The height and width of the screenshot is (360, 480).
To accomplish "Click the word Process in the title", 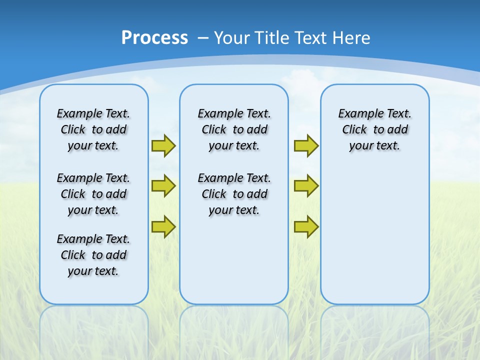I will point(154,37).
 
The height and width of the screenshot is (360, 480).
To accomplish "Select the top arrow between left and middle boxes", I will point(163,145).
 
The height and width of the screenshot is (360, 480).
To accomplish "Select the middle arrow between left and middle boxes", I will point(163,186).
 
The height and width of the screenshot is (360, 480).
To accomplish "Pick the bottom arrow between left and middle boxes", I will point(163,226).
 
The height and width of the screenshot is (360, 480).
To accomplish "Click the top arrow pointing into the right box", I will point(306,145).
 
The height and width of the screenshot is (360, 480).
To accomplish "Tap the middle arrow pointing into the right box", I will point(306,186).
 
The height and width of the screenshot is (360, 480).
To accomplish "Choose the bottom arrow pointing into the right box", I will point(306,226).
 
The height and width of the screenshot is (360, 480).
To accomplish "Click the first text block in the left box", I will point(93,129).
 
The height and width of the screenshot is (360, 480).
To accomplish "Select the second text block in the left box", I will point(93,194).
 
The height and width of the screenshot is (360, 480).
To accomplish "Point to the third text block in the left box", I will point(93,255).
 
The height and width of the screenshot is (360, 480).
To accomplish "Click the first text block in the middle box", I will point(234,129).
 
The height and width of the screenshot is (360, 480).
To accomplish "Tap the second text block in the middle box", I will point(234,194).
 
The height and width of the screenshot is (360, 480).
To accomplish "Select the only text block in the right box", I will point(375,129).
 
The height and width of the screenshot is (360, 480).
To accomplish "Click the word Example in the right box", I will point(356,114).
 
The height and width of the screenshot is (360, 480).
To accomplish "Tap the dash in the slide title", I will point(203,38).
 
